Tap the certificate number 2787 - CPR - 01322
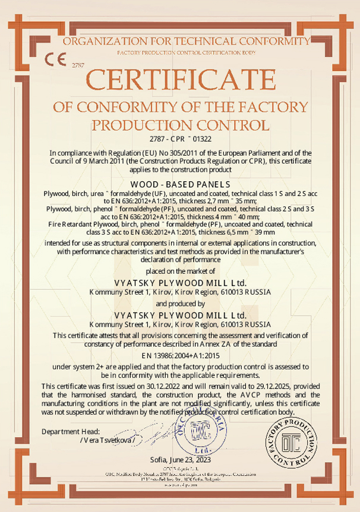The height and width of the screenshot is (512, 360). pyautogui.click(x=180, y=139)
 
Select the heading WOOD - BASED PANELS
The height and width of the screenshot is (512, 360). pyautogui.click(x=180, y=185)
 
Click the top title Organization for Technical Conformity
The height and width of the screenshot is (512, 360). pyautogui.click(x=186, y=41)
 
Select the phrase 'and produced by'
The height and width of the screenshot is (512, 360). pyautogui.click(x=180, y=303)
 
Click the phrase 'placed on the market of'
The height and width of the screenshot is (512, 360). pyautogui.click(x=180, y=271)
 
